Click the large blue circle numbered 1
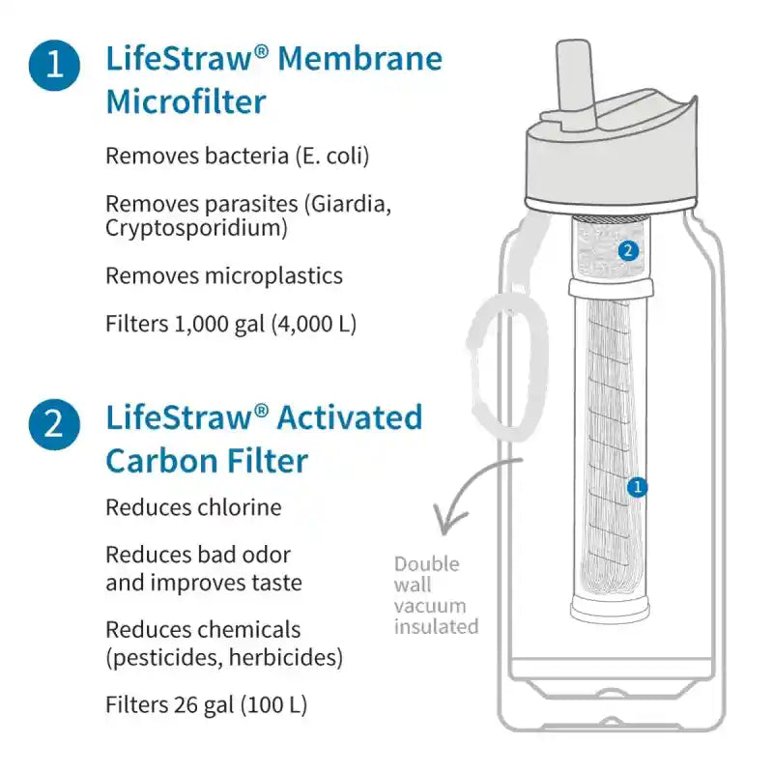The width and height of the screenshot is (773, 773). (x=55, y=66)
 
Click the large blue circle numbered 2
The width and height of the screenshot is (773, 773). (x=55, y=424)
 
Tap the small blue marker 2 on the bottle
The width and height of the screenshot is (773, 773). (x=628, y=251)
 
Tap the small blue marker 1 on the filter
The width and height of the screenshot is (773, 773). (x=636, y=488)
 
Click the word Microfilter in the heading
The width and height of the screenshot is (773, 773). (x=186, y=101)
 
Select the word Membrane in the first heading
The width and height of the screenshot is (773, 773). (x=359, y=59)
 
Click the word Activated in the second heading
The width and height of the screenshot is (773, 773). (x=349, y=418)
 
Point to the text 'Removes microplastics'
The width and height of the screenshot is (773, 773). (x=223, y=276)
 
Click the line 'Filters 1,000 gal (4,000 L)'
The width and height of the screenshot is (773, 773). (x=231, y=325)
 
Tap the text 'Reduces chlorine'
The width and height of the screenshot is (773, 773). (x=193, y=507)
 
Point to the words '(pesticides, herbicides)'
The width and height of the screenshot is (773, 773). (x=223, y=658)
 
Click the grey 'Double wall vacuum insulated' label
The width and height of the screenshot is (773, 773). (x=435, y=595)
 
